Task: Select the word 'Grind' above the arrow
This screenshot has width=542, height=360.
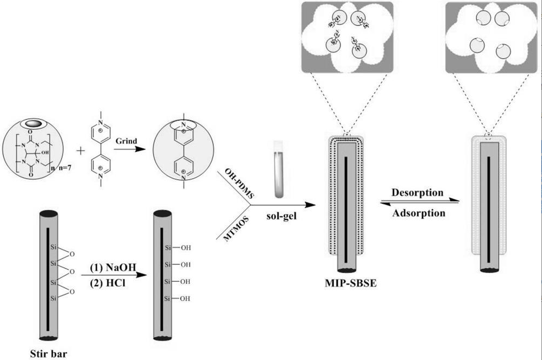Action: pos(125,140)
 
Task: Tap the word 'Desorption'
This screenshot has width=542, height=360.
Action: pos(418,192)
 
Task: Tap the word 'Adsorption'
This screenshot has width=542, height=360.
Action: pos(419,213)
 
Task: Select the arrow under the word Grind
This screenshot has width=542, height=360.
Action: pos(127,151)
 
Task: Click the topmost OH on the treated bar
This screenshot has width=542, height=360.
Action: pos(185,248)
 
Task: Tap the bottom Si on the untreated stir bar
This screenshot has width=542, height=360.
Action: pos(53,298)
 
